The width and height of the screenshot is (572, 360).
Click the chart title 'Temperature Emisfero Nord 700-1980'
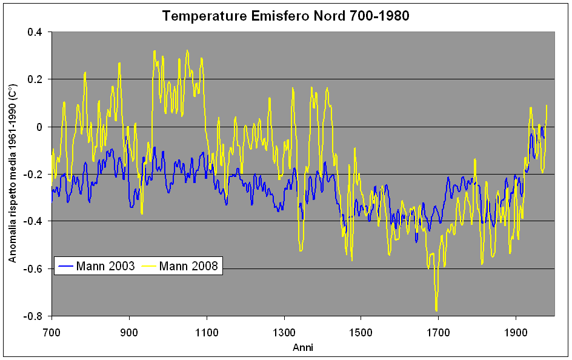tap(285, 16)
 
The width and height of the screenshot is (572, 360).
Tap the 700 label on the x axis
tap(52, 333)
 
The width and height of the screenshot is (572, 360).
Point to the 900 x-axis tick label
tap(129, 333)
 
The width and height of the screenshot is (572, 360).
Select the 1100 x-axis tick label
tap(207, 333)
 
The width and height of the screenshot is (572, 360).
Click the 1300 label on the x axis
tap(284, 333)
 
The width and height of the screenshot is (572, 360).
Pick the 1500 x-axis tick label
tap(361, 333)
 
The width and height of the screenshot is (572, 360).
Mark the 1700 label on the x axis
tap(438, 333)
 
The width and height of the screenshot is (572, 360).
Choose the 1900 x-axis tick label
tap(515, 333)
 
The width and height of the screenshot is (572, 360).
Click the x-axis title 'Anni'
tap(303, 347)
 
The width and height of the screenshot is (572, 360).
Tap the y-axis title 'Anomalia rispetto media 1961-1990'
tap(13, 174)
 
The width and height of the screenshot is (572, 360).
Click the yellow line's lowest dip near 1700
tap(436, 310)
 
